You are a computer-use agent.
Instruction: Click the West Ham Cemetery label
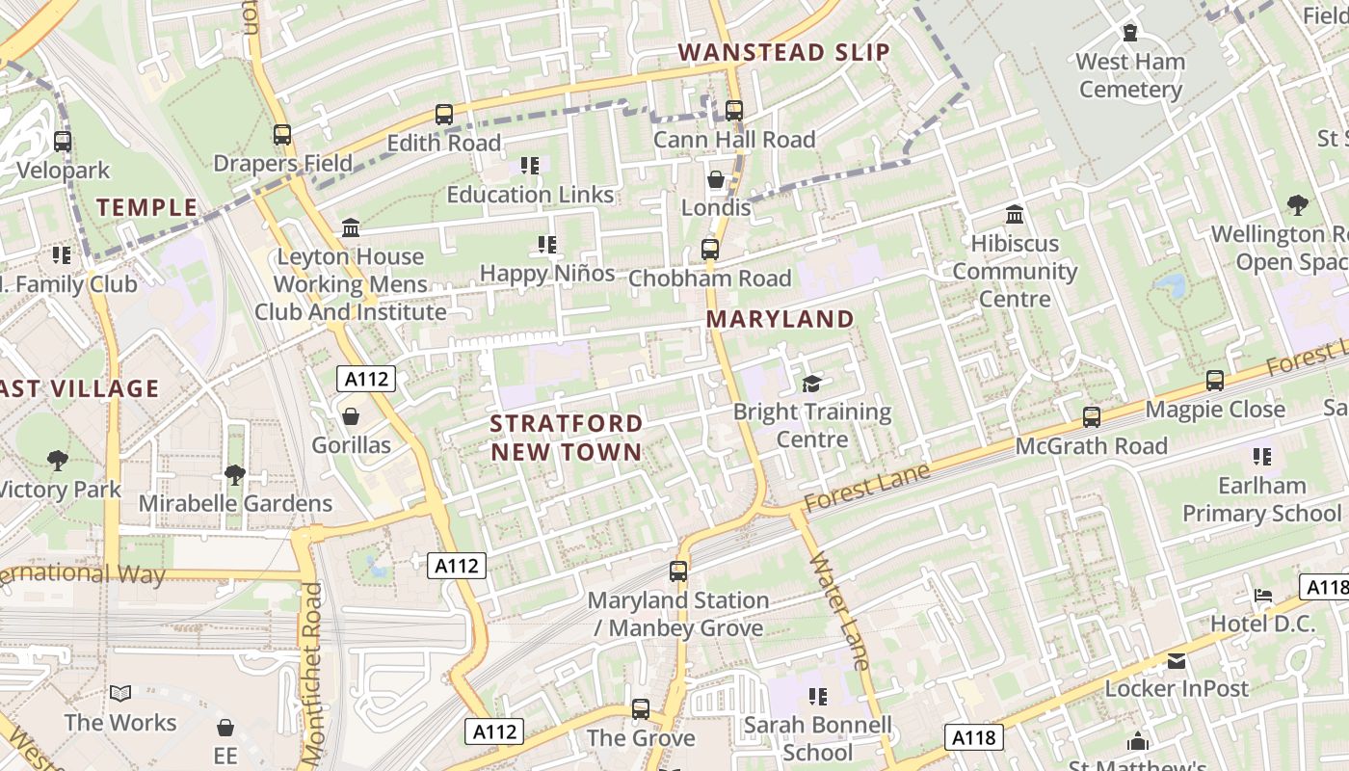(1129, 76)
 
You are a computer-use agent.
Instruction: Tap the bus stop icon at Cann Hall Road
(734, 111)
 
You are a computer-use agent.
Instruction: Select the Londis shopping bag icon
(716, 180)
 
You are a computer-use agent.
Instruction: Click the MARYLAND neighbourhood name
(780, 319)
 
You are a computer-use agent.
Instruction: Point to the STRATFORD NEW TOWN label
(566, 438)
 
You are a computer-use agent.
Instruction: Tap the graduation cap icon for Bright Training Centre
(812, 385)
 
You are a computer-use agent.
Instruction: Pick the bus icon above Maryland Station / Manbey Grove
(678, 572)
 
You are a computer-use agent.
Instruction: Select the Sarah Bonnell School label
(818, 738)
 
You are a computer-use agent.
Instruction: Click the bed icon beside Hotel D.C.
(1263, 596)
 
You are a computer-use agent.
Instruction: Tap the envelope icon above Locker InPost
(1177, 661)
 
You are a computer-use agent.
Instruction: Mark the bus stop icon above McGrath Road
(1092, 417)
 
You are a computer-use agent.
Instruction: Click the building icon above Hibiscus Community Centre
(1015, 215)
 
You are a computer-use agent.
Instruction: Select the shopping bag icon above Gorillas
(351, 416)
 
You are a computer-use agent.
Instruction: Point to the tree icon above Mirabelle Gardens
(234, 474)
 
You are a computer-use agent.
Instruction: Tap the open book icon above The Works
(120, 694)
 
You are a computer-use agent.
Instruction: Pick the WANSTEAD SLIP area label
(783, 52)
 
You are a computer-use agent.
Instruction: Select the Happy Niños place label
(547, 274)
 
